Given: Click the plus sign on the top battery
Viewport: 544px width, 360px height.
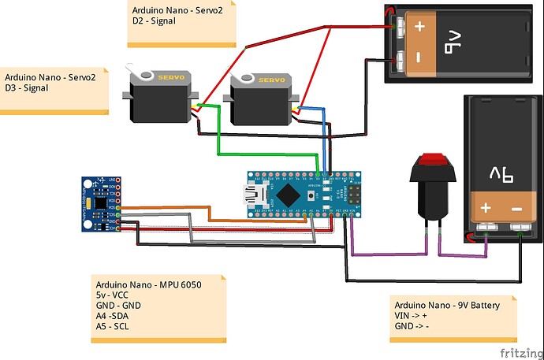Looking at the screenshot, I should point(419,25).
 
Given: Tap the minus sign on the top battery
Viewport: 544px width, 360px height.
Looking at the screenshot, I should point(419,58).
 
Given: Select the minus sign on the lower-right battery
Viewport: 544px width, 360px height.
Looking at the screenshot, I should point(517,208).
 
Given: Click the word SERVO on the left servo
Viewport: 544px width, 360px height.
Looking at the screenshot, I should point(172,78).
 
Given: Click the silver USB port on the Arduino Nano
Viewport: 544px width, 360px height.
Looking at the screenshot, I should point(256,194).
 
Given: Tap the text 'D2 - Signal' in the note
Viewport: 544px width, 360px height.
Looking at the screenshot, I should point(155,21).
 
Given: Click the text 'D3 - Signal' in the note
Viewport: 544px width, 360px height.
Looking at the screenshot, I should point(27,89).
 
